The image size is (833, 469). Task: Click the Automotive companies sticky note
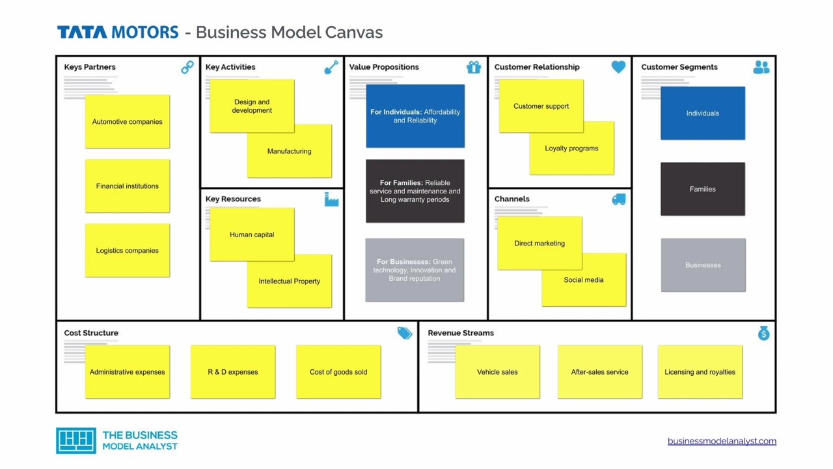pyautogui.click(x=128, y=122)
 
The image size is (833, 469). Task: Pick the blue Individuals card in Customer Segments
pyautogui.click(x=703, y=113)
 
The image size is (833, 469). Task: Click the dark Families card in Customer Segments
pyautogui.click(x=703, y=189)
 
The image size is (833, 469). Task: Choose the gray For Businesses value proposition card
pyautogui.click(x=415, y=270)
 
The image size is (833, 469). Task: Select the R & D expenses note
pyautogui.click(x=233, y=372)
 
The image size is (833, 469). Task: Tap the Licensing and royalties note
pyautogui.click(x=700, y=372)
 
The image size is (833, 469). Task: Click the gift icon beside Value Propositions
pyautogui.click(x=474, y=67)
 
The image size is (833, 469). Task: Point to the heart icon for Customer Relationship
pyautogui.click(x=618, y=67)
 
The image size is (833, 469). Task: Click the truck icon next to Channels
pyautogui.click(x=619, y=199)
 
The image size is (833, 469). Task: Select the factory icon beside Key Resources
pyautogui.click(x=331, y=199)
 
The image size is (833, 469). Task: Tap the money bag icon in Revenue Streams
pyautogui.click(x=763, y=333)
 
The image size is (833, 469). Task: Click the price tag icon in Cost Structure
pyautogui.click(x=405, y=333)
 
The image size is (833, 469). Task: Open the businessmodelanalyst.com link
pyautogui.click(x=722, y=441)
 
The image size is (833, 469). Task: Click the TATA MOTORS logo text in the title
pyautogui.click(x=118, y=32)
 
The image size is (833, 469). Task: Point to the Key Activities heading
pyautogui.click(x=230, y=67)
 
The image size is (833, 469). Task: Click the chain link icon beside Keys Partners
pyautogui.click(x=187, y=67)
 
